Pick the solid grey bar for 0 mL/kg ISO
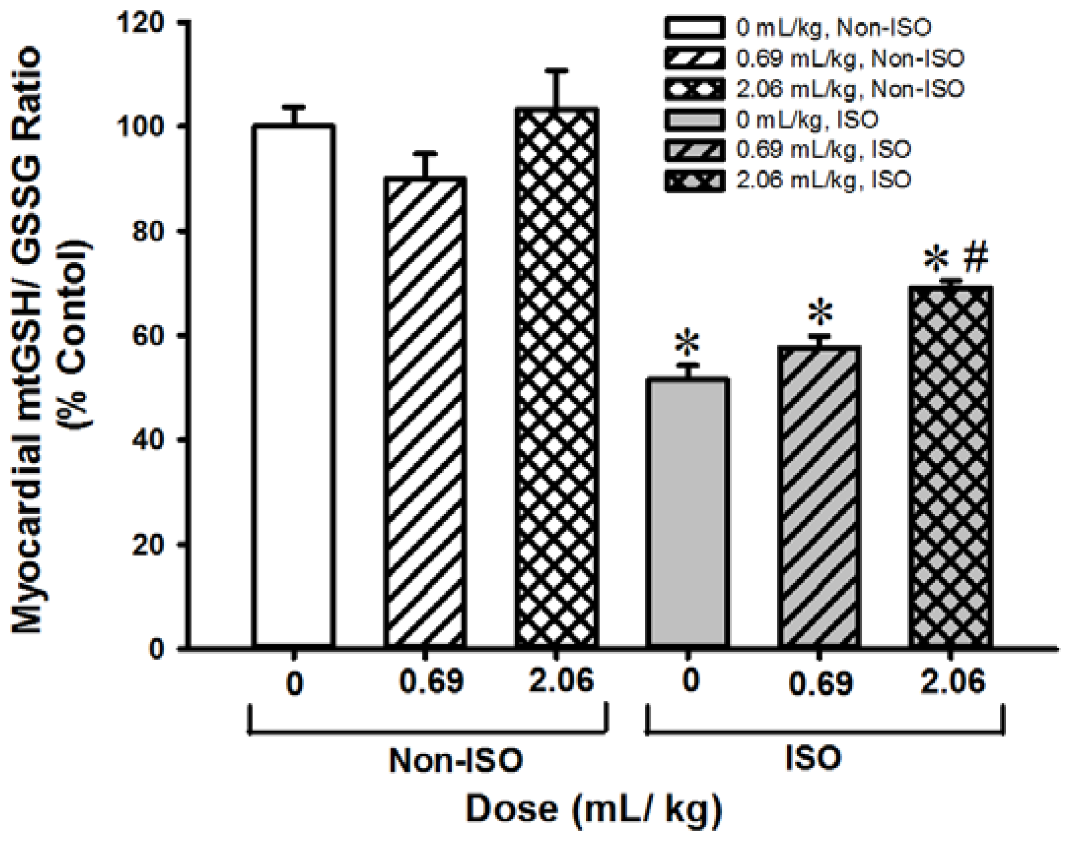pyautogui.click(x=688, y=513)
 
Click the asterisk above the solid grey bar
pyautogui.click(x=688, y=345)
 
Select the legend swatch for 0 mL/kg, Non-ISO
pyautogui.click(x=694, y=28)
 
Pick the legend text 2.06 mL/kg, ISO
pyautogui.click(x=823, y=180)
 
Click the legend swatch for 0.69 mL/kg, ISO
pyautogui.click(x=694, y=150)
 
